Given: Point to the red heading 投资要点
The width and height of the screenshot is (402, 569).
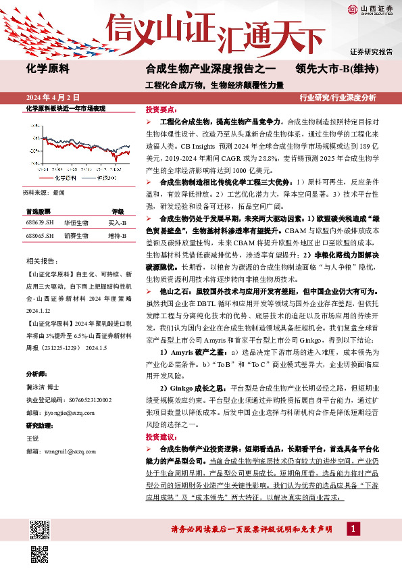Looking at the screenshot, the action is tap(161, 109).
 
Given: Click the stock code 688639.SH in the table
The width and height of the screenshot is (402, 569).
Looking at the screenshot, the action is tap(40, 222).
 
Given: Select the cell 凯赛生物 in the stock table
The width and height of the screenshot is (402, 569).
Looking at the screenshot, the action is tap(76, 236).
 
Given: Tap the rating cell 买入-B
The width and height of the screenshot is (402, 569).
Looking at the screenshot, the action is tap(118, 222).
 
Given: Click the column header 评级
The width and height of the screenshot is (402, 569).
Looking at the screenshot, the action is tap(118, 211).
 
